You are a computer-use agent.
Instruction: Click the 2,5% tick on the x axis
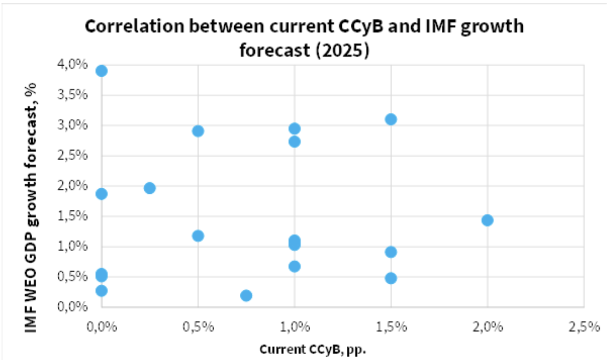pyautogui.click(x=584, y=327)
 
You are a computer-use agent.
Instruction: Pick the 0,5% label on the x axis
pyautogui.click(x=198, y=327)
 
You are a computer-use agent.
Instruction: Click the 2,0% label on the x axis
pyautogui.click(x=487, y=327)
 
